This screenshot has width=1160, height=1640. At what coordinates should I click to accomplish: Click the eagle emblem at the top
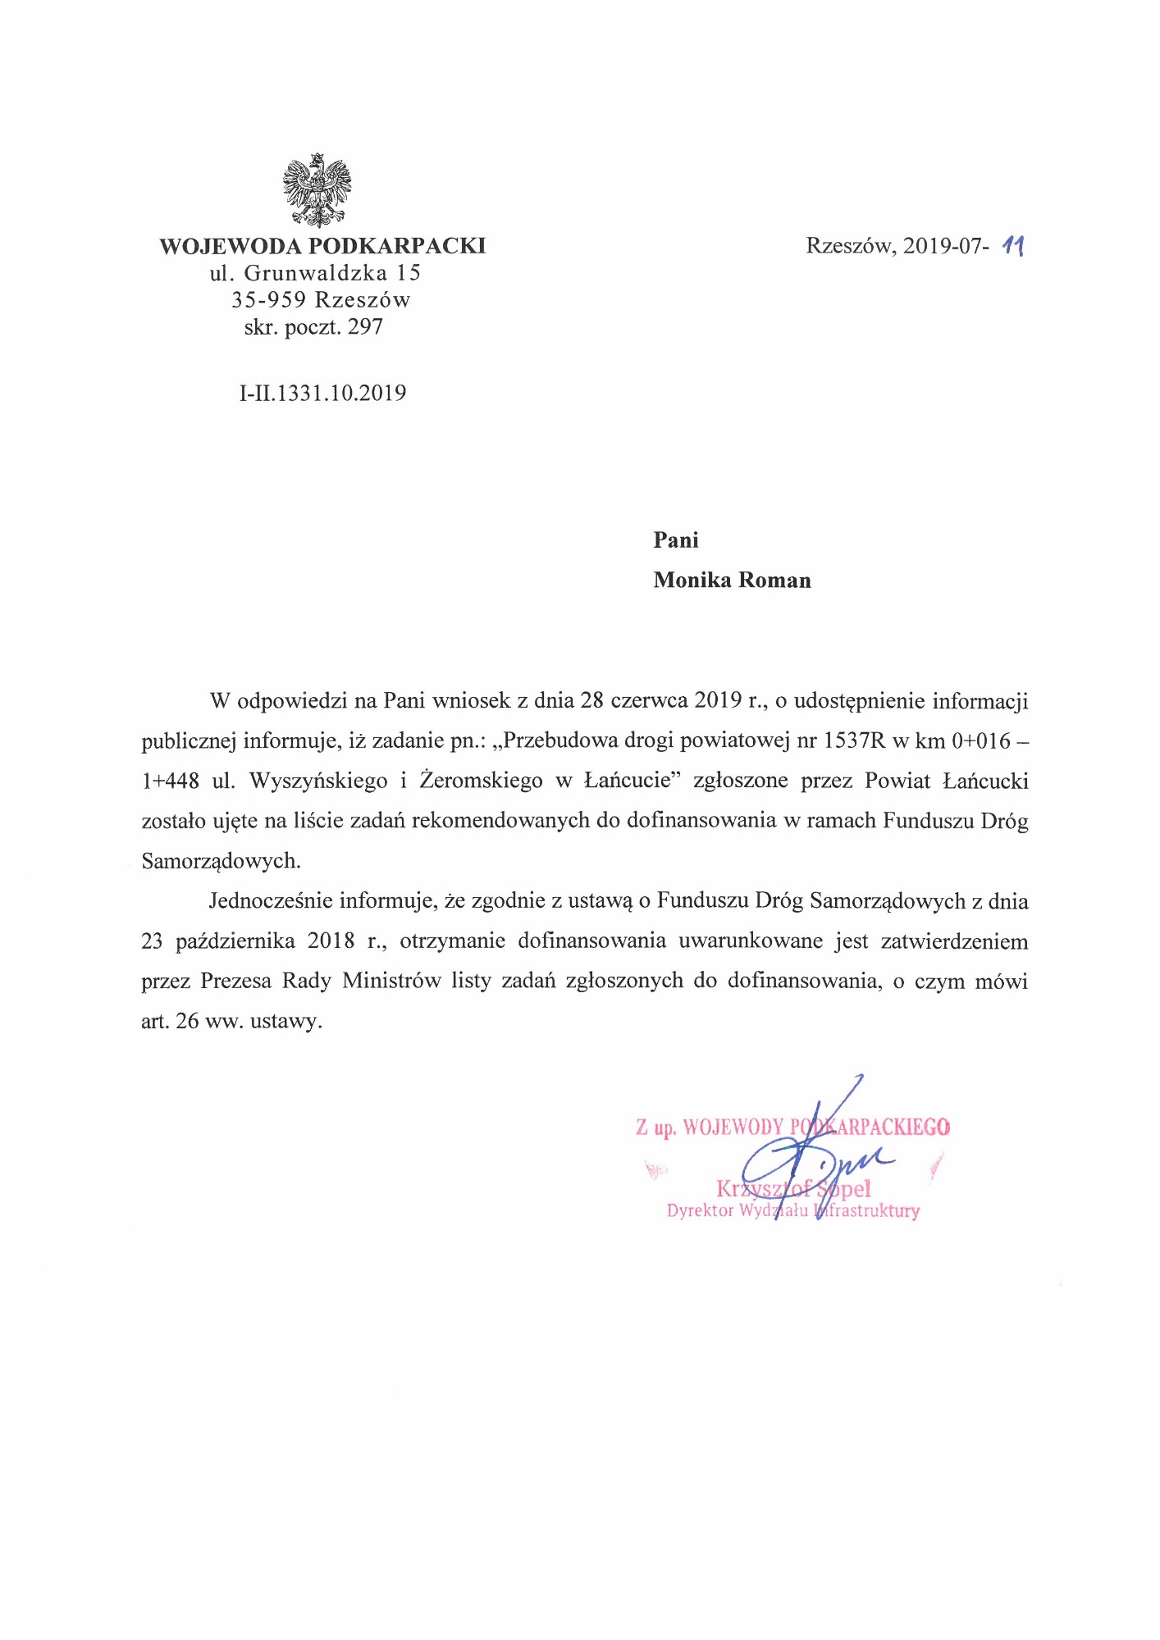click(317, 189)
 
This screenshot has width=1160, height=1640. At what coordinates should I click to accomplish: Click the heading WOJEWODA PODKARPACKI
click(322, 246)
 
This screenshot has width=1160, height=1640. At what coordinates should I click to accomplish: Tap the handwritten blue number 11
click(1014, 245)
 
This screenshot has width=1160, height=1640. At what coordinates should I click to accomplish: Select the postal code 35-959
click(268, 300)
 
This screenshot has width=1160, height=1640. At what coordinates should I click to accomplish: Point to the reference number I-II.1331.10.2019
click(322, 394)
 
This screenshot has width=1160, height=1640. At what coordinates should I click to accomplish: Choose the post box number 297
click(366, 327)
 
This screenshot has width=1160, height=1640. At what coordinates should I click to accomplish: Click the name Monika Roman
click(732, 581)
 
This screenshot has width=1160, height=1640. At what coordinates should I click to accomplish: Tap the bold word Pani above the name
click(676, 540)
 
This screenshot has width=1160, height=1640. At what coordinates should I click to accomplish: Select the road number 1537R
click(855, 741)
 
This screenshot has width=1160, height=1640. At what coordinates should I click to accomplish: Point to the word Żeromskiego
click(481, 781)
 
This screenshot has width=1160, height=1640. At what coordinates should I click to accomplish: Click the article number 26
click(187, 1022)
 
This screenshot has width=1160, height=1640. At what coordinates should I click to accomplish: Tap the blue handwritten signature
click(812, 1156)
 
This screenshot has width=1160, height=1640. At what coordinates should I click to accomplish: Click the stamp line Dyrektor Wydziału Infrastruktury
click(792, 1211)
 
